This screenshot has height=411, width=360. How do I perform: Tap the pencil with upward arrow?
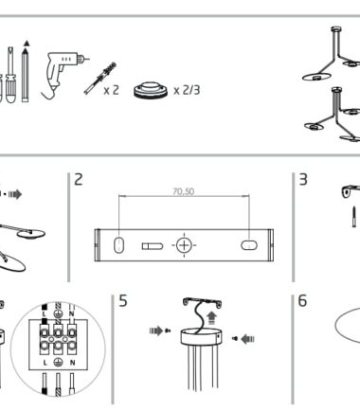(26, 72)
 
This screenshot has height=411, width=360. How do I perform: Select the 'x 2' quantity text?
(112, 90)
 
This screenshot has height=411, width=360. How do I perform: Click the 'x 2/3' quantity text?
(187, 91)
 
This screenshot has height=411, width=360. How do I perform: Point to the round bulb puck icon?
(151, 90)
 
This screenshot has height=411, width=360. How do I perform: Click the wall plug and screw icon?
(100, 78)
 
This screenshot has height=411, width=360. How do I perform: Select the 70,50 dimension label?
(184, 191)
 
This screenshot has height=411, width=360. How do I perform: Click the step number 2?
(79, 179)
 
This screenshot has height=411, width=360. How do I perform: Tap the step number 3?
(303, 179)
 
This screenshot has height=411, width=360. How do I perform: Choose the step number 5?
(123, 300)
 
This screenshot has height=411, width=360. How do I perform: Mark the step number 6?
(302, 300)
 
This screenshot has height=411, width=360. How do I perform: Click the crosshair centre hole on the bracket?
(184, 245)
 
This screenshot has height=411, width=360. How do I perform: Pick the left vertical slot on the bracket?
(118, 245)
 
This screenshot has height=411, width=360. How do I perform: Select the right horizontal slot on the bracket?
(249, 245)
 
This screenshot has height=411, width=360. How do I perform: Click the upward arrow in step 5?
(211, 318)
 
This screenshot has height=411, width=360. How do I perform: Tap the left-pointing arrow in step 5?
(247, 339)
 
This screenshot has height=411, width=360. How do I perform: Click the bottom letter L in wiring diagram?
(45, 363)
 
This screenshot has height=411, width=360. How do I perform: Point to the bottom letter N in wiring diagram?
(72, 363)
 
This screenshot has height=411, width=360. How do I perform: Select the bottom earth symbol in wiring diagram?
(58, 362)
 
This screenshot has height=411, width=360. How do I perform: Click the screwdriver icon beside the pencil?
(10, 75)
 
